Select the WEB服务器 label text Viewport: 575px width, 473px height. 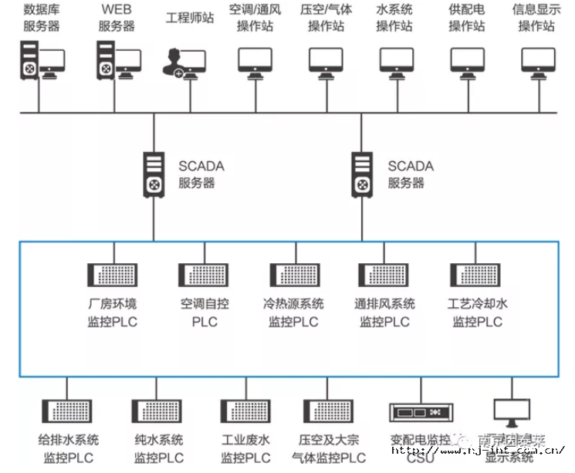[x=117, y=18]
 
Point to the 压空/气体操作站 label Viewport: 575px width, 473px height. [x=326, y=18]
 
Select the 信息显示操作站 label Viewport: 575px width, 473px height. [x=536, y=18]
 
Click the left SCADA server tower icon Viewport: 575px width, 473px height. [x=154, y=174]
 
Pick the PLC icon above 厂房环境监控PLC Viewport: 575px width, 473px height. [x=113, y=275]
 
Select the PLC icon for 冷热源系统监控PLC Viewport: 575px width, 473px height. [x=293, y=275]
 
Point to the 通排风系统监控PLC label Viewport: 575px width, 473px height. [x=384, y=312]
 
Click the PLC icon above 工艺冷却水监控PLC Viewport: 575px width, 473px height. [x=476, y=275]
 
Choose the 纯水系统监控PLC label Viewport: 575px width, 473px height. [x=158, y=448]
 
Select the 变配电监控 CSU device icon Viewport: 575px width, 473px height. [x=420, y=414]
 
